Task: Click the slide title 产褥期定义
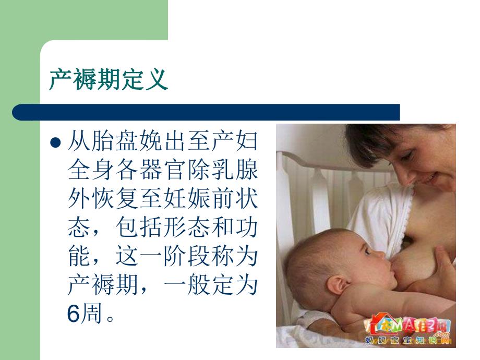108,80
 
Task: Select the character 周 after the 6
92,314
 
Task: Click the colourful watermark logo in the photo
412,326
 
